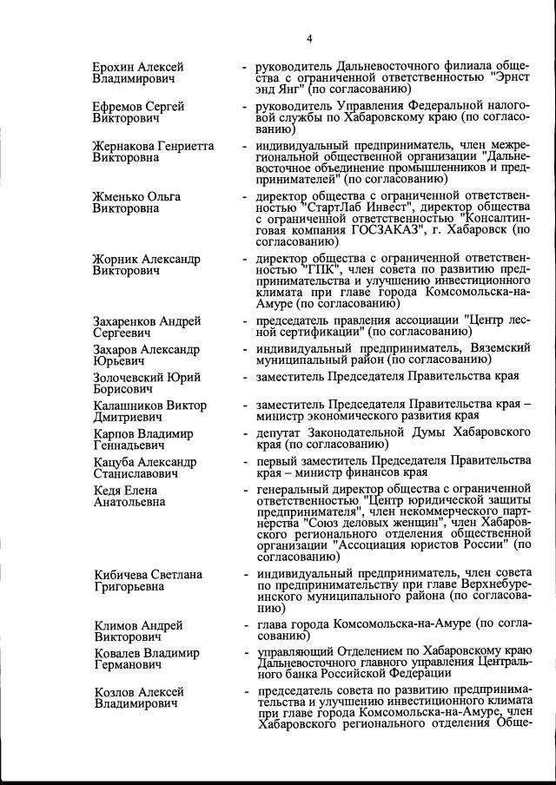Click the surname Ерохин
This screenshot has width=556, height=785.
coord(116,67)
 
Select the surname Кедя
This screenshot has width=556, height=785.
coord(108,491)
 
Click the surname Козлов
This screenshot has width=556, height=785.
coord(115,691)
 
